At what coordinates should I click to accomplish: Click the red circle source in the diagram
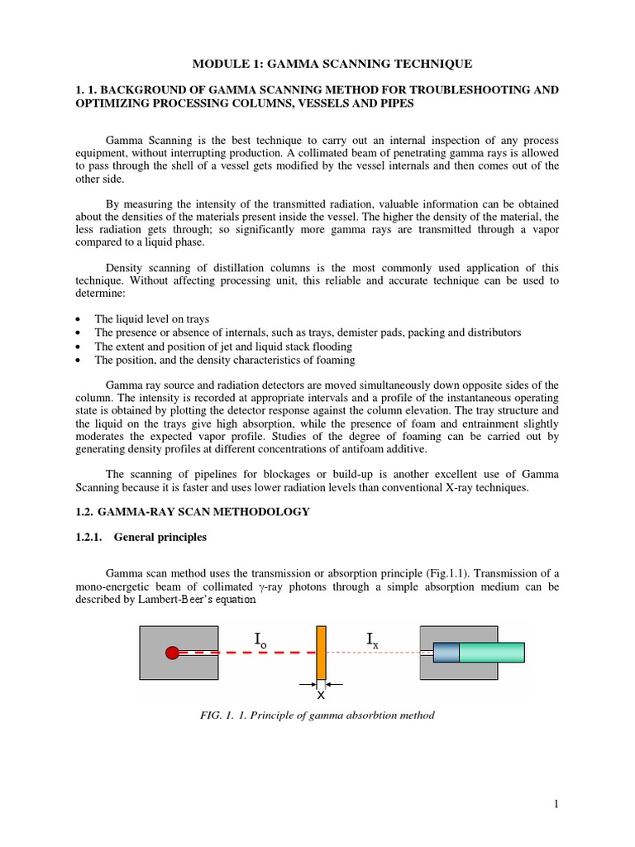172,653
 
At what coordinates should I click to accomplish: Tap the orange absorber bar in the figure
321,652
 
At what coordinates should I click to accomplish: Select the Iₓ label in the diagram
372,638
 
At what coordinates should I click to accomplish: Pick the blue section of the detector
446,653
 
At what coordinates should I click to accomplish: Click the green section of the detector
491,653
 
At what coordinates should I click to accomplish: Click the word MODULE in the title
218,63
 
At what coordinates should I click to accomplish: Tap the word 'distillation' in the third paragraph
231,267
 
